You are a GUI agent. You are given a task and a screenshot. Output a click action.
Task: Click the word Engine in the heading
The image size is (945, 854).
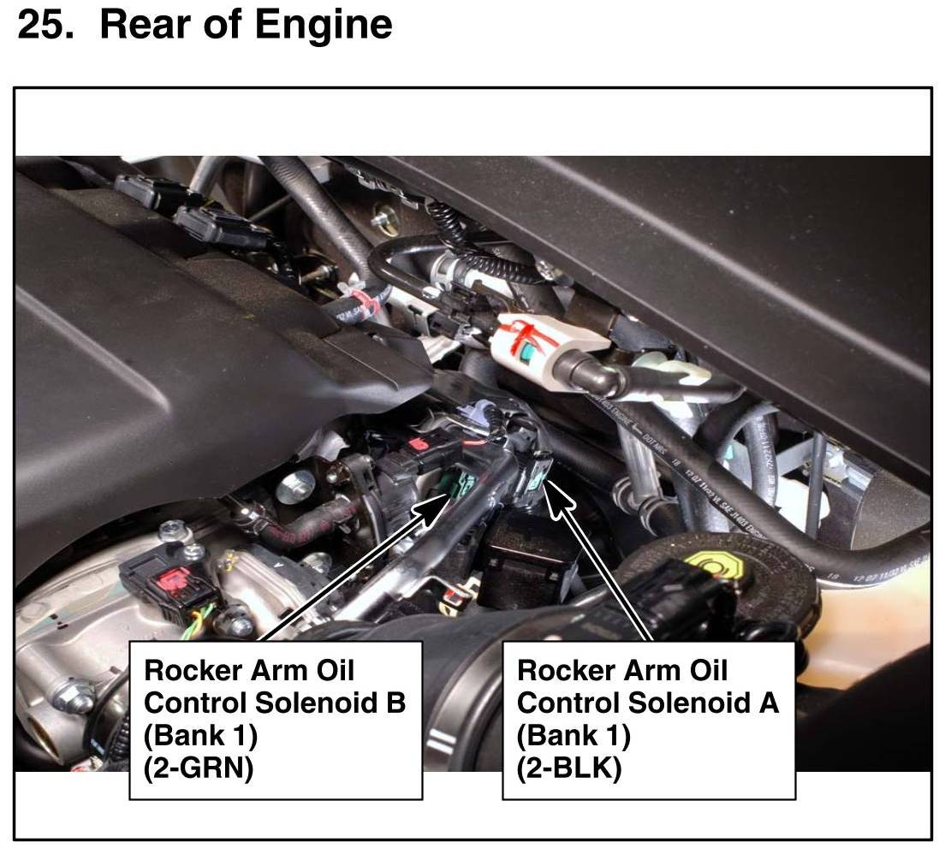[x=324, y=26]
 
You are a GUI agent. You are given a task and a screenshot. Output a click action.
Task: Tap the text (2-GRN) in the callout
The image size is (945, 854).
[x=199, y=768]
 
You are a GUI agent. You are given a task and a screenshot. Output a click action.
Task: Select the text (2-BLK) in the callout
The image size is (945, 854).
[x=569, y=768]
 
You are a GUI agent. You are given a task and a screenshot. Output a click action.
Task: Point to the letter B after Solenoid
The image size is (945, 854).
[x=394, y=703]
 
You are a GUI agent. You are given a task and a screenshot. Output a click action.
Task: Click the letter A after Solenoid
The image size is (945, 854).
[x=768, y=703]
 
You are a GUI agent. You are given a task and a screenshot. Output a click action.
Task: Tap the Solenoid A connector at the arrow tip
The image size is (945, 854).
[x=535, y=472]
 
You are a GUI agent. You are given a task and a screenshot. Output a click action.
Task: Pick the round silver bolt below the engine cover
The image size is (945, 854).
[x=296, y=486]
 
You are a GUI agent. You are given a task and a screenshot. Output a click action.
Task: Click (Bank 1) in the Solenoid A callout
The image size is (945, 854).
[x=574, y=735]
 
